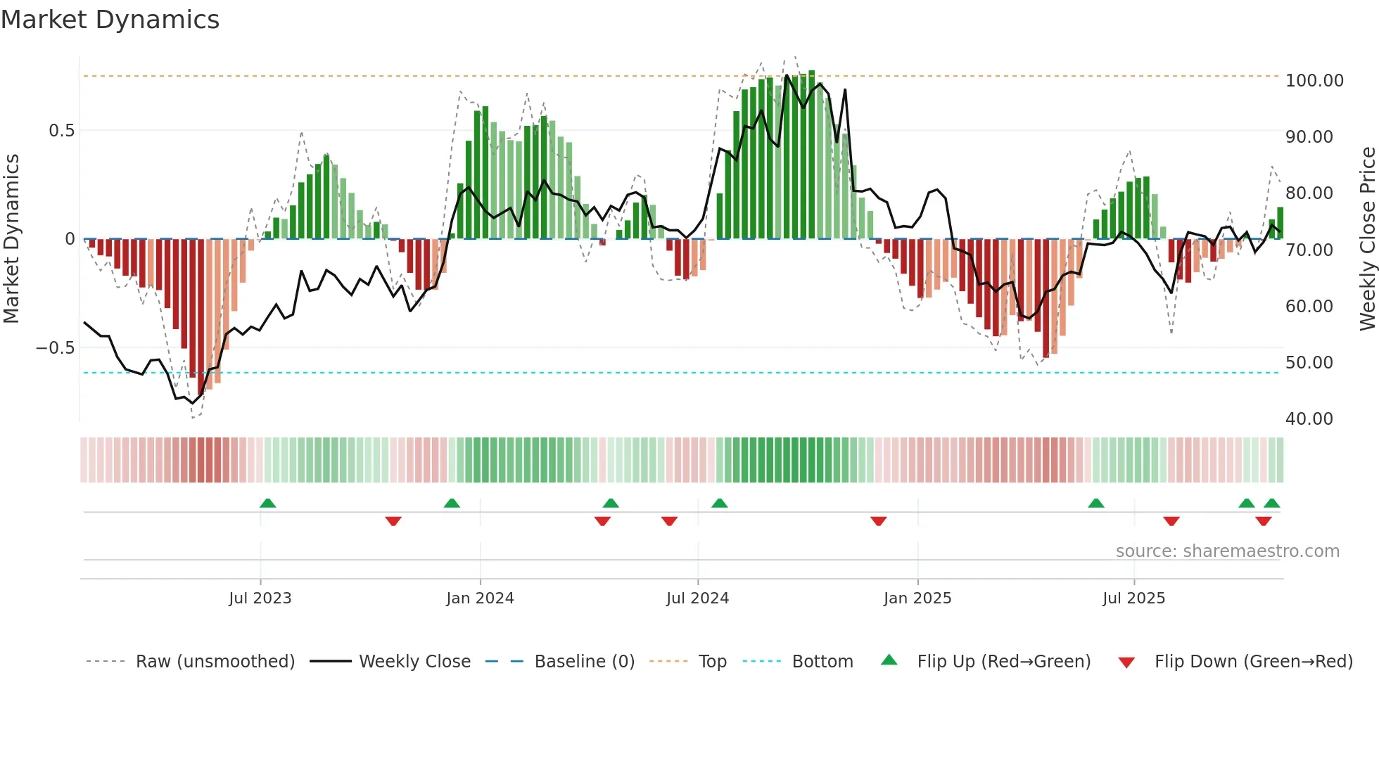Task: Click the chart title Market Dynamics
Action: pyautogui.click(x=110, y=20)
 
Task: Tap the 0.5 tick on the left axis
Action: pyautogui.click(x=61, y=131)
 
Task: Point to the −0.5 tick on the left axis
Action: pyautogui.click(x=55, y=348)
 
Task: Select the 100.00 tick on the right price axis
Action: pyautogui.click(x=1314, y=81)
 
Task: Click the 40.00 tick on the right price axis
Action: pyautogui.click(x=1309, y=419)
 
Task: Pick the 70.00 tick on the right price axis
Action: pyautogui.click(x=1309, y=250)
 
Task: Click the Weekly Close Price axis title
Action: pyautogui.click(x=1367, y=239)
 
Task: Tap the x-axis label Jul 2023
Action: pyautogui.click(x=260, y=598)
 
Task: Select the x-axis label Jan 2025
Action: pyautogui.click(x=917, y=598)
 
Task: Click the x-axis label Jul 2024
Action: pyautogui.click(x=697, y=598)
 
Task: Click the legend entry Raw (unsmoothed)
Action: pyautogui.click(x=215, y=662)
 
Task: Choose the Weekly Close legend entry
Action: pyautogui.click(x=414, y=662)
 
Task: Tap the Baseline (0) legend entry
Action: pyautogui.click(x=584, y=662)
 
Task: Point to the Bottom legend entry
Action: pyautogui.click(x=822, y=662)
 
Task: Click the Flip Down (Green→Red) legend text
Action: pyautogui.click(x=1253, y=662)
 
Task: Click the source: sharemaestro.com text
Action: pyautogui.click(x=1227, y=551)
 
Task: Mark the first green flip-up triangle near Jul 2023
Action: pyautogui.click(x=267, y=504)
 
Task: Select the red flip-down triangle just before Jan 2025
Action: pyautogui.click(x=878, y=521)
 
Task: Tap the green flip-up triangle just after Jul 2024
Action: pyautogui.click(x=719, y=504)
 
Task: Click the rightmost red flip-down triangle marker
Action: pyautogui.click(x=1263, y=521)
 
